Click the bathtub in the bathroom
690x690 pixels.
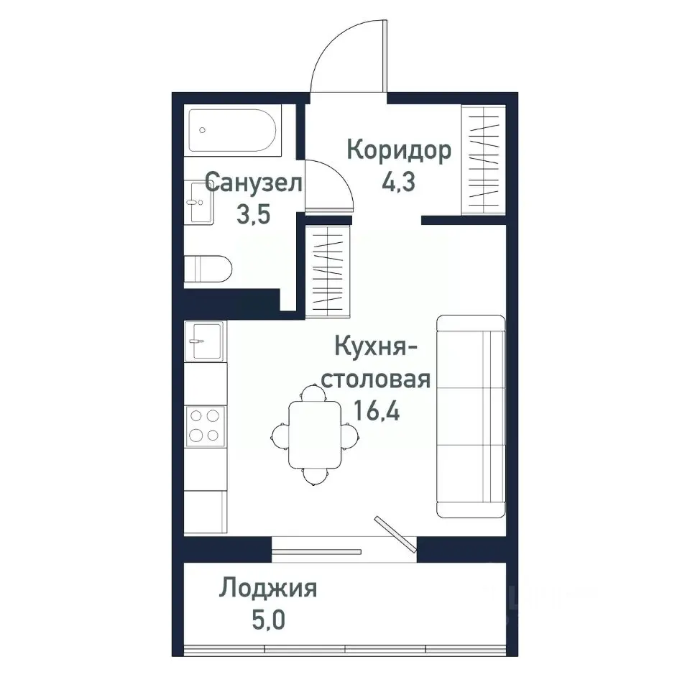231,130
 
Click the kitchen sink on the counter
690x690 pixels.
204,340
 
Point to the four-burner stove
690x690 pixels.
204,425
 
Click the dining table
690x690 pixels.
314,434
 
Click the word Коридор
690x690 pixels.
399,151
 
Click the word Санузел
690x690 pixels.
253,183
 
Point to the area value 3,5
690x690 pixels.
252,213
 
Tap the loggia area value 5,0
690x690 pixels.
268,619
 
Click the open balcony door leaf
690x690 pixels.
395,534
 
